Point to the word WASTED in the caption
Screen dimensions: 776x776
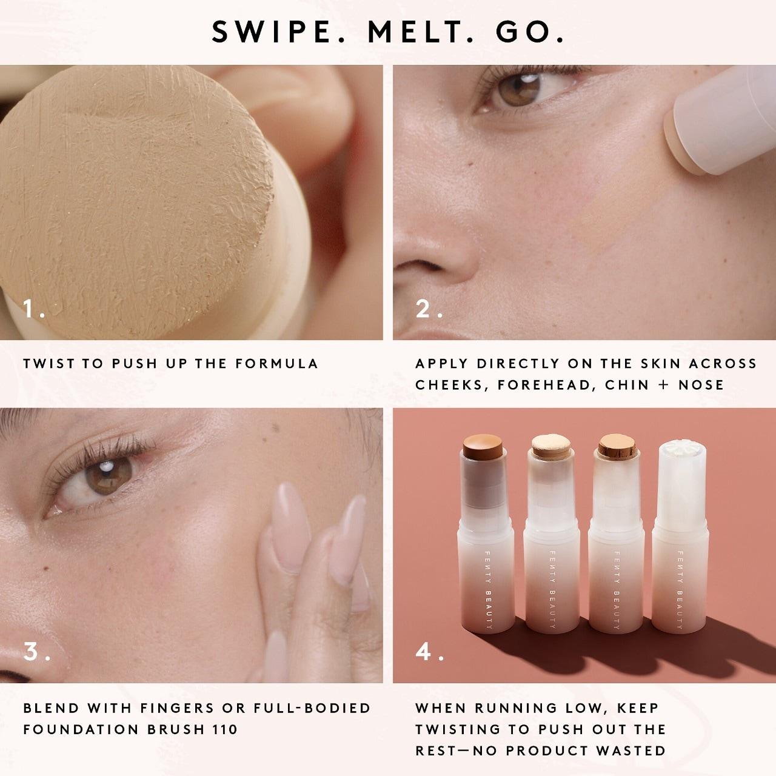[x=630, y=751]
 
